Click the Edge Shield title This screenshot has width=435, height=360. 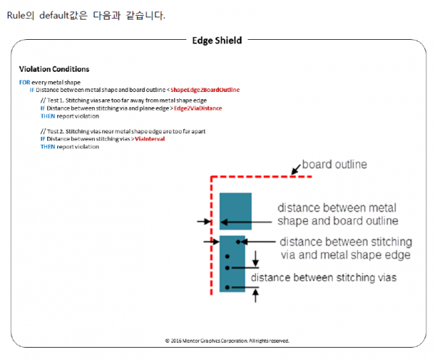(x=217, y=41)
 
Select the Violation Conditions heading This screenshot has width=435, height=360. (x=54, y=69)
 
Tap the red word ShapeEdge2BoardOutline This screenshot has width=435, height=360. (x=205, y=90)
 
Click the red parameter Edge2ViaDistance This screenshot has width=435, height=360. (x=198, y=109)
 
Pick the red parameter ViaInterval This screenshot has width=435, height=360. (x=150, y=139)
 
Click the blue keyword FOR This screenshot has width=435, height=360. (x=25, y=83)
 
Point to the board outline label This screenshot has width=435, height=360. (x=334, y=164)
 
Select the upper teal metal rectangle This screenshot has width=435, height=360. (x=236, y=212)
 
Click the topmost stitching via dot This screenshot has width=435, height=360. (x=238, y=242)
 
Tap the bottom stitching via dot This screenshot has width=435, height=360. (x=228, y=288)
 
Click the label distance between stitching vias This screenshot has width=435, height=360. (x=323, y=277)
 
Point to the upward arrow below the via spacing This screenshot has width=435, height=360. (x=255, y=295)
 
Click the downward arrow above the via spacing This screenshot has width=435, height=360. (x=255, y=259)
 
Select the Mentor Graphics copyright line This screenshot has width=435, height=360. (x=227, y=340)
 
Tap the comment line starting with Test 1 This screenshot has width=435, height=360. (x=123, y=101)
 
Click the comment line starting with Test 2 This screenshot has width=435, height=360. (x=123, y=131)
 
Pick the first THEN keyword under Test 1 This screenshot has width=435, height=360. (x=48, y=116)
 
